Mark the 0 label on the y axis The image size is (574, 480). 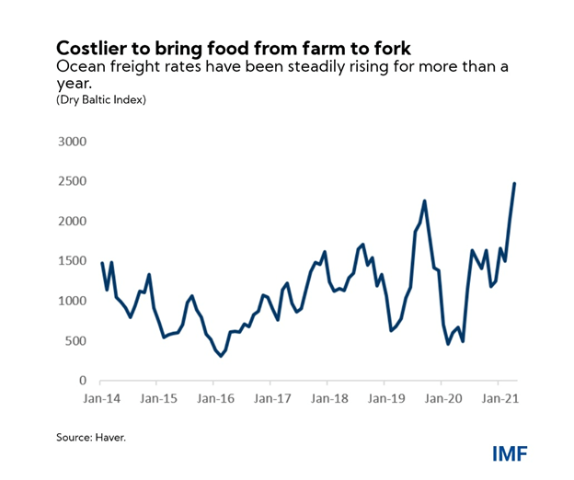click(82, 381)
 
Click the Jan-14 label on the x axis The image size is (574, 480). click(101, 400)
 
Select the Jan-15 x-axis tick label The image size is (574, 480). click(158, 400)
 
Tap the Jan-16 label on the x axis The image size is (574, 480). click(215, 400)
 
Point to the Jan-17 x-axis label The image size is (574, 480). click(272, 400)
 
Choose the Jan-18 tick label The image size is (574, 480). click(328, 400)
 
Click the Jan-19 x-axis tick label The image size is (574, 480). click(385, 400)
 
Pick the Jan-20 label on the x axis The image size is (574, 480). click(442, 400)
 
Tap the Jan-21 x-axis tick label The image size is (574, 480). click(499, 400)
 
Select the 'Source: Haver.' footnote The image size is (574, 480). click(91, 438)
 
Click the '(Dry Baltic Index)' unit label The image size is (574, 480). click(101, 99)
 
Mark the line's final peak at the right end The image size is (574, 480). click(514, 184)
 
